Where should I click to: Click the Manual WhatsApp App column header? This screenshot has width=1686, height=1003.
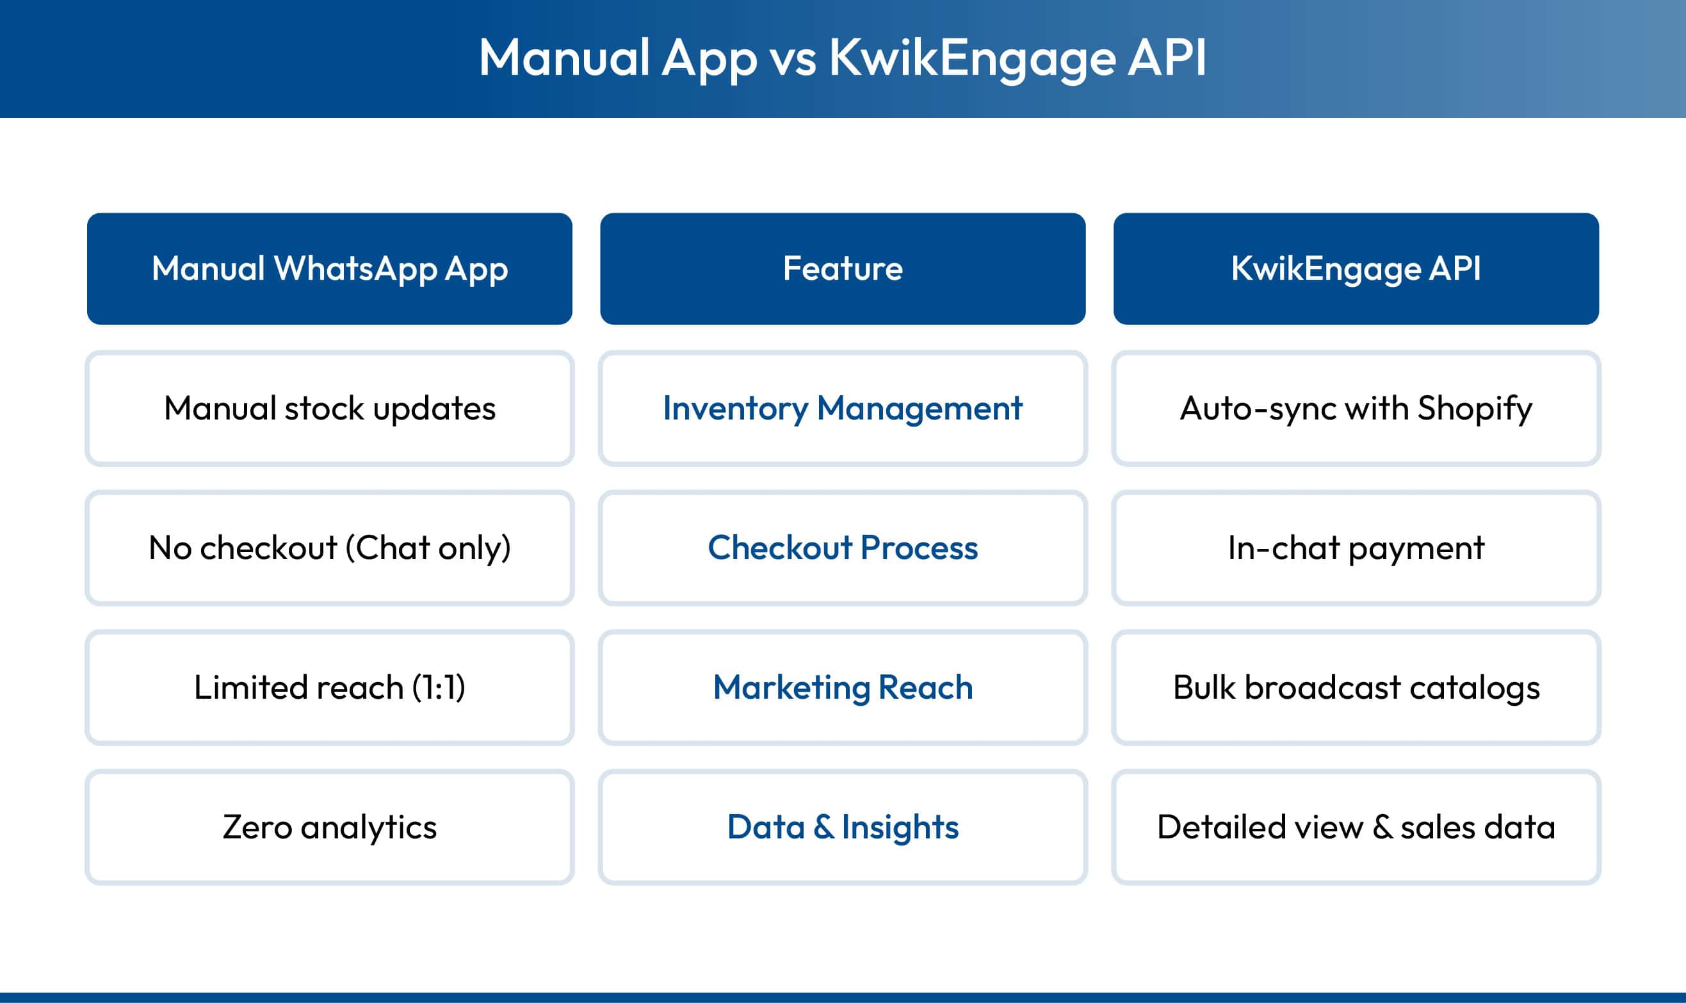pos(329,268)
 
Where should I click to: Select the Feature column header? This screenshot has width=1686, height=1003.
pos(842,268)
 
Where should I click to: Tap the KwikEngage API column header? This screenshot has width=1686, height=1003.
pos(1356,268)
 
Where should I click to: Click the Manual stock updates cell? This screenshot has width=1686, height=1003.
pos(329,408)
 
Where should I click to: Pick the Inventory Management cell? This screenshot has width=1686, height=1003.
pos(842,408)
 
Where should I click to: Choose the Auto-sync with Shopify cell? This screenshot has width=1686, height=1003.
pos(1356,408)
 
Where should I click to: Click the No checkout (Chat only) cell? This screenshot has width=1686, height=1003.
pos(329,548)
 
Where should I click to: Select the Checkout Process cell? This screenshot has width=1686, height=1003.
pos(842,548)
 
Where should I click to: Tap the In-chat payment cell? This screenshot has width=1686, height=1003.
pos(1356,548)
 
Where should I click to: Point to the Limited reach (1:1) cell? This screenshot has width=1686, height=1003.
pos(329,687)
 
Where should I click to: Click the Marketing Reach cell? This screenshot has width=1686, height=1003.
pos(842,687)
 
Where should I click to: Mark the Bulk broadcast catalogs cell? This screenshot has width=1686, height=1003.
pos(1356,687)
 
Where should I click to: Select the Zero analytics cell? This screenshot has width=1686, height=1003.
pos(329,827)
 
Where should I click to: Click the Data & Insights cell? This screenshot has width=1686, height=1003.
pos(842,827)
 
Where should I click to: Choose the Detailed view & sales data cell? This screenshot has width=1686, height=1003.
pos(1356,827)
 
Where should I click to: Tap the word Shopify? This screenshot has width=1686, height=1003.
pos(1474,409)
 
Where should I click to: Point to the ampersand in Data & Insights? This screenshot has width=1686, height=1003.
pos(823,828)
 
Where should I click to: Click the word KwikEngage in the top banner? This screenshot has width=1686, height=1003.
pos(972,60)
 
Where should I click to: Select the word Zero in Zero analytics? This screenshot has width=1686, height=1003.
pos(257,828)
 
